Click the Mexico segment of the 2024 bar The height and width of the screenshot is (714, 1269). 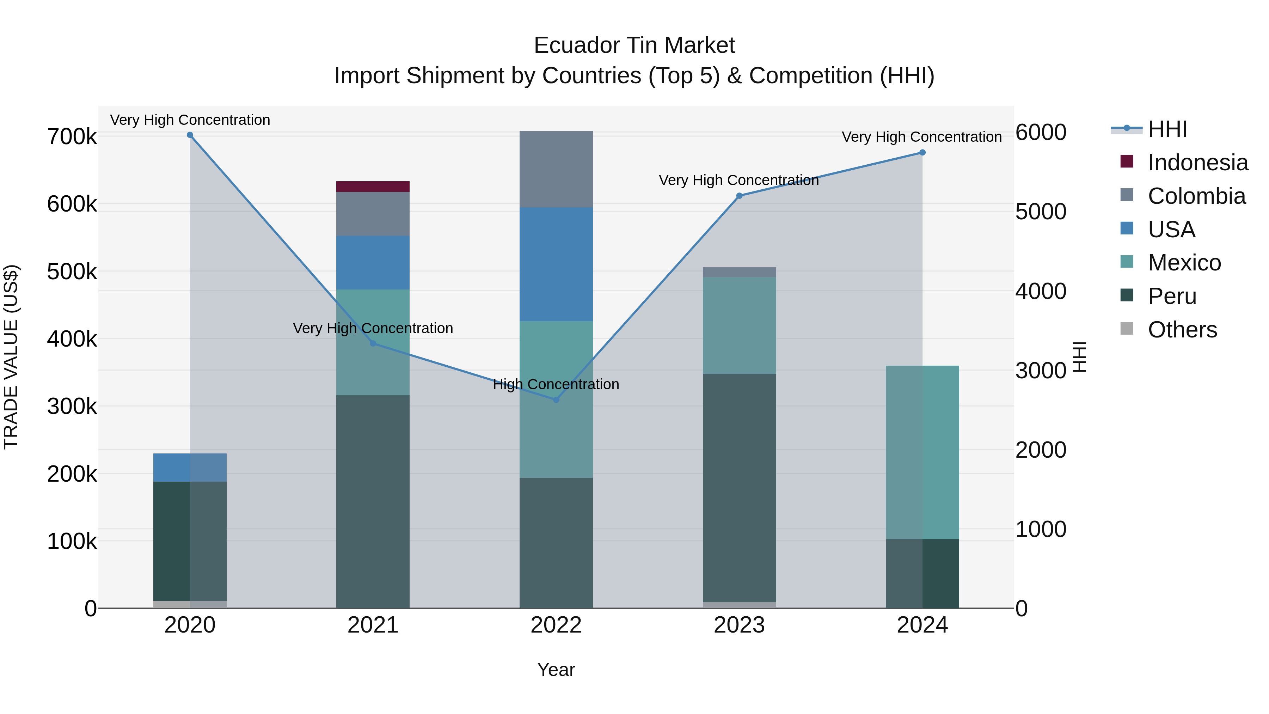point(922,452)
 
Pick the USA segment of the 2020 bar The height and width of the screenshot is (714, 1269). point(190,467)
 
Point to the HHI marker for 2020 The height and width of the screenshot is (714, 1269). point(190,135)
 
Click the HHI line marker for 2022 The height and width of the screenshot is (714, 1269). point(556,399)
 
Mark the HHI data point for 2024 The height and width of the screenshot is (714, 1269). point(922,153)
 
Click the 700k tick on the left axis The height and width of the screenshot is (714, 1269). point(72,137)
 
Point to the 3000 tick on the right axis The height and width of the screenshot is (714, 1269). point(1041,371)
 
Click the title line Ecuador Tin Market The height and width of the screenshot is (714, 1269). point(634,45)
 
